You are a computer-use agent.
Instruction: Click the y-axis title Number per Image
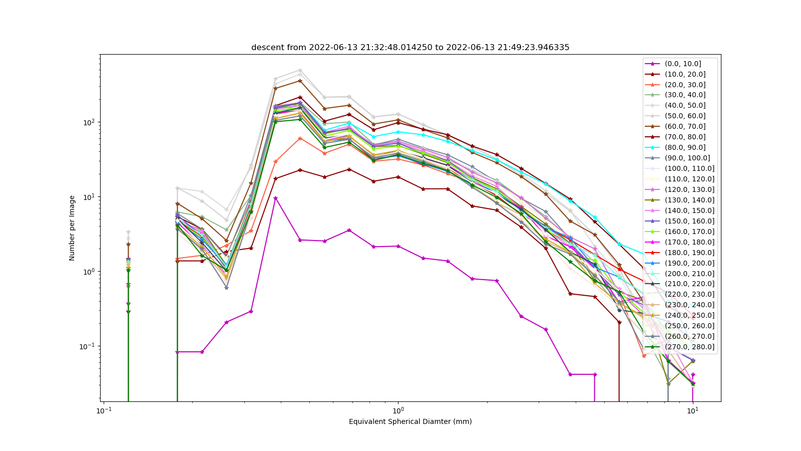click(72, 228)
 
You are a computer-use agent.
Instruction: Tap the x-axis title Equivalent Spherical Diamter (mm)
click(410, 421)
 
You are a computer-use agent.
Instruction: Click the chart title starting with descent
click(410, 47)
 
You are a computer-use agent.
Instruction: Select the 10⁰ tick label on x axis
click(398, 410)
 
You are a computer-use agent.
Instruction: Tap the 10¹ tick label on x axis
click(693, 410)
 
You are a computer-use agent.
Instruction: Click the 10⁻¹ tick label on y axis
click(88, 346)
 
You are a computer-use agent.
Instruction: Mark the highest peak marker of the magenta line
click(275, 198)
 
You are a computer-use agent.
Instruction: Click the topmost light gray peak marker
click(300, 71)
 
